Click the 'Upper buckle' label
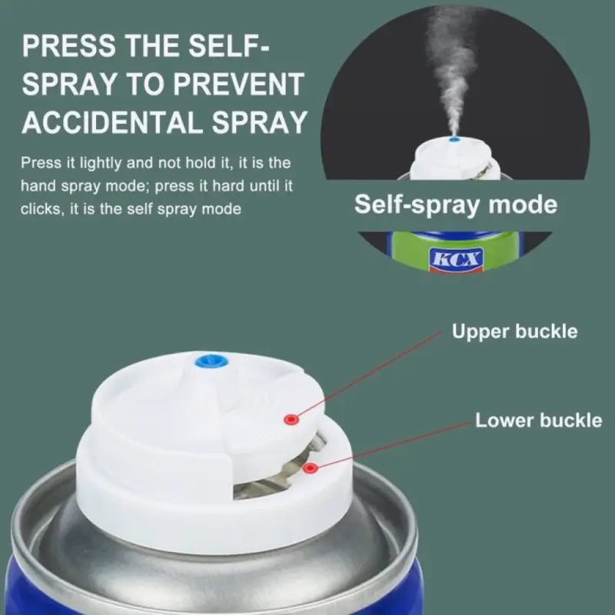[x=514, y=332]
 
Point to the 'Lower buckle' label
[x=538, y=421]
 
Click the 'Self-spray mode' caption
[x=455, y=205]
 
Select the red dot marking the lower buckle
[x=309, y=467]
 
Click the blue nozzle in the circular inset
[x=456, y=139]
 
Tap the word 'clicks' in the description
[x=44, y=208]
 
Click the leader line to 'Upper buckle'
[x=369, y=377]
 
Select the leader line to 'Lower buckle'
[x=392, y=444]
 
